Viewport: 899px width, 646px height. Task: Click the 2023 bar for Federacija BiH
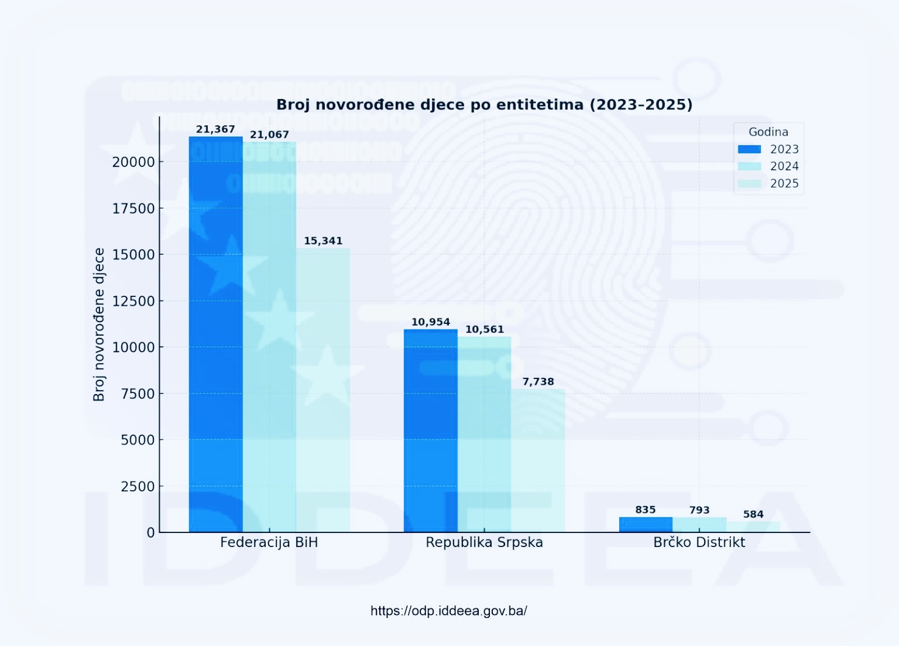point(215,334)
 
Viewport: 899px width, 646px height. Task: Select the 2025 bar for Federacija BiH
point(323,389)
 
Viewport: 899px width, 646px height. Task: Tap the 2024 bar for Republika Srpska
point(484,434)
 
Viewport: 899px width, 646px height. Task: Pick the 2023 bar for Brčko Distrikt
point(646,524)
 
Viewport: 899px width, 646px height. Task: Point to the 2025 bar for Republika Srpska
point(538,460)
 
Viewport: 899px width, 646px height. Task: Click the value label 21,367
point(215,129)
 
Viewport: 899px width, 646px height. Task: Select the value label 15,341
point(323,241)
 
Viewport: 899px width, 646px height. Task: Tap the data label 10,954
point(431,322)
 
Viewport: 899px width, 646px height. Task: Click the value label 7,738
point(538,382)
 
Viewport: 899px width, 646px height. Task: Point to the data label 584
point(753,514)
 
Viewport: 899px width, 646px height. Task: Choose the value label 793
point(699,510)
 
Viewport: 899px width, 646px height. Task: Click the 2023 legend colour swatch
point(749,149)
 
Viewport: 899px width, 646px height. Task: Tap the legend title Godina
point(768,132)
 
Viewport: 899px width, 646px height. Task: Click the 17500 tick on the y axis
point(133,209)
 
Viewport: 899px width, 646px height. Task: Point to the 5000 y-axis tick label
point(138,440)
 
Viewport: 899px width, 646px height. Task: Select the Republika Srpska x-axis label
point(484,542)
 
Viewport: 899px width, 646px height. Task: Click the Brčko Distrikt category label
point(699,542)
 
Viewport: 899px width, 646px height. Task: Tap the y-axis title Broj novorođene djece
point(99,324)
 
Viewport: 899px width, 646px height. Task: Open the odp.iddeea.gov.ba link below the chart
point(449,611)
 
